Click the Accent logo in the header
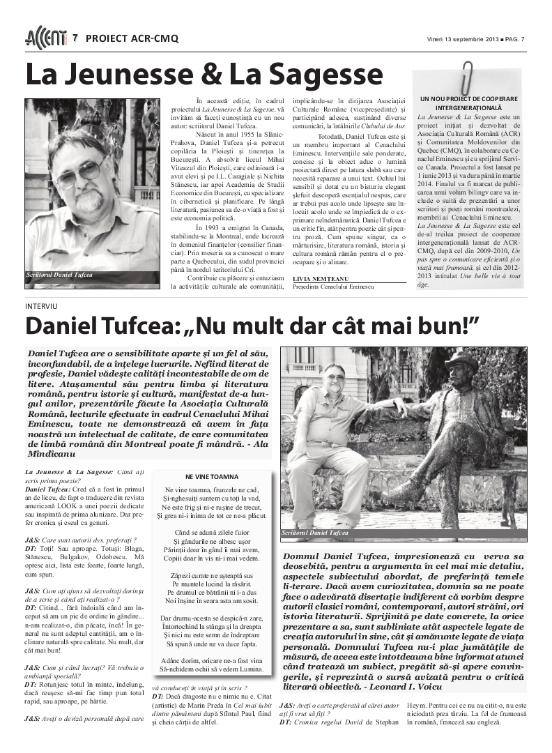[x=46, y=38]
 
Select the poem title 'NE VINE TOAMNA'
[x=211, y=477]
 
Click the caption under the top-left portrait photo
[x=59, y=275]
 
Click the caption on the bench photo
[x=314, y=533]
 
